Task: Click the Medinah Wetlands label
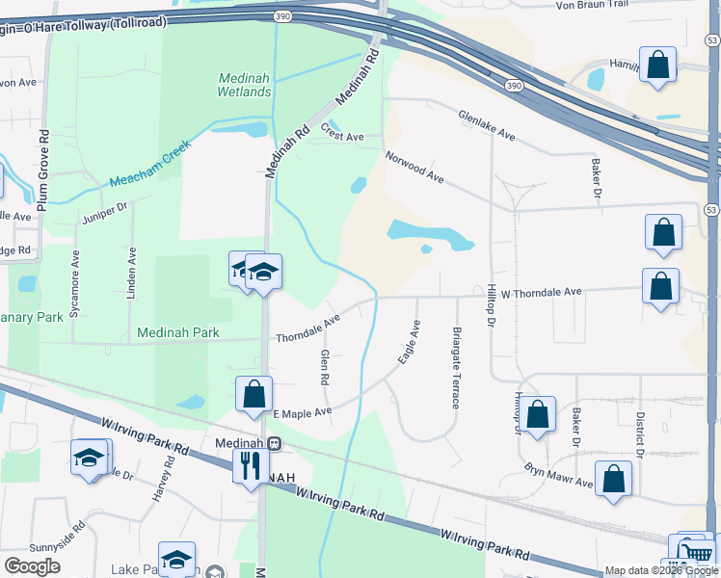click(x=245, y=85)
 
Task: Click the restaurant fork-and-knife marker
click(x=249, y=465)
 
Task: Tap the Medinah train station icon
click(x=275, y=444)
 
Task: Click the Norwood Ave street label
click(x=414, y=167)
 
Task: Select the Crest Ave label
click(x=342, y=137)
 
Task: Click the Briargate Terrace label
click(x=455, y=367)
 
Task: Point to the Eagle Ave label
click(x=410, y=342)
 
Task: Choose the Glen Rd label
click(x=325, y=367)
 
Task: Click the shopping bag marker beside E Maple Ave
click(x=254, y=394)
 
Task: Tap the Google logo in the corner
click(x=33, y=566)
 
